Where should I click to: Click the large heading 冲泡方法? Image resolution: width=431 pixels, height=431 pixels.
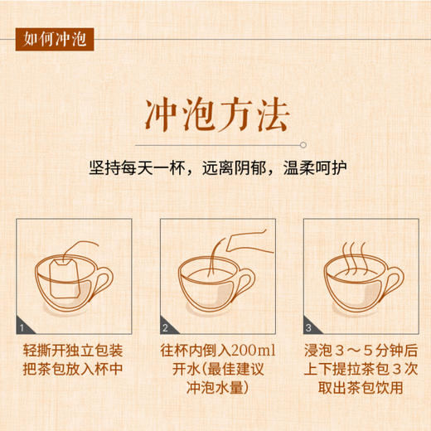(216, 114)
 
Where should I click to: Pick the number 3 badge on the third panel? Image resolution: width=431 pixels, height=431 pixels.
(308, 328)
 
